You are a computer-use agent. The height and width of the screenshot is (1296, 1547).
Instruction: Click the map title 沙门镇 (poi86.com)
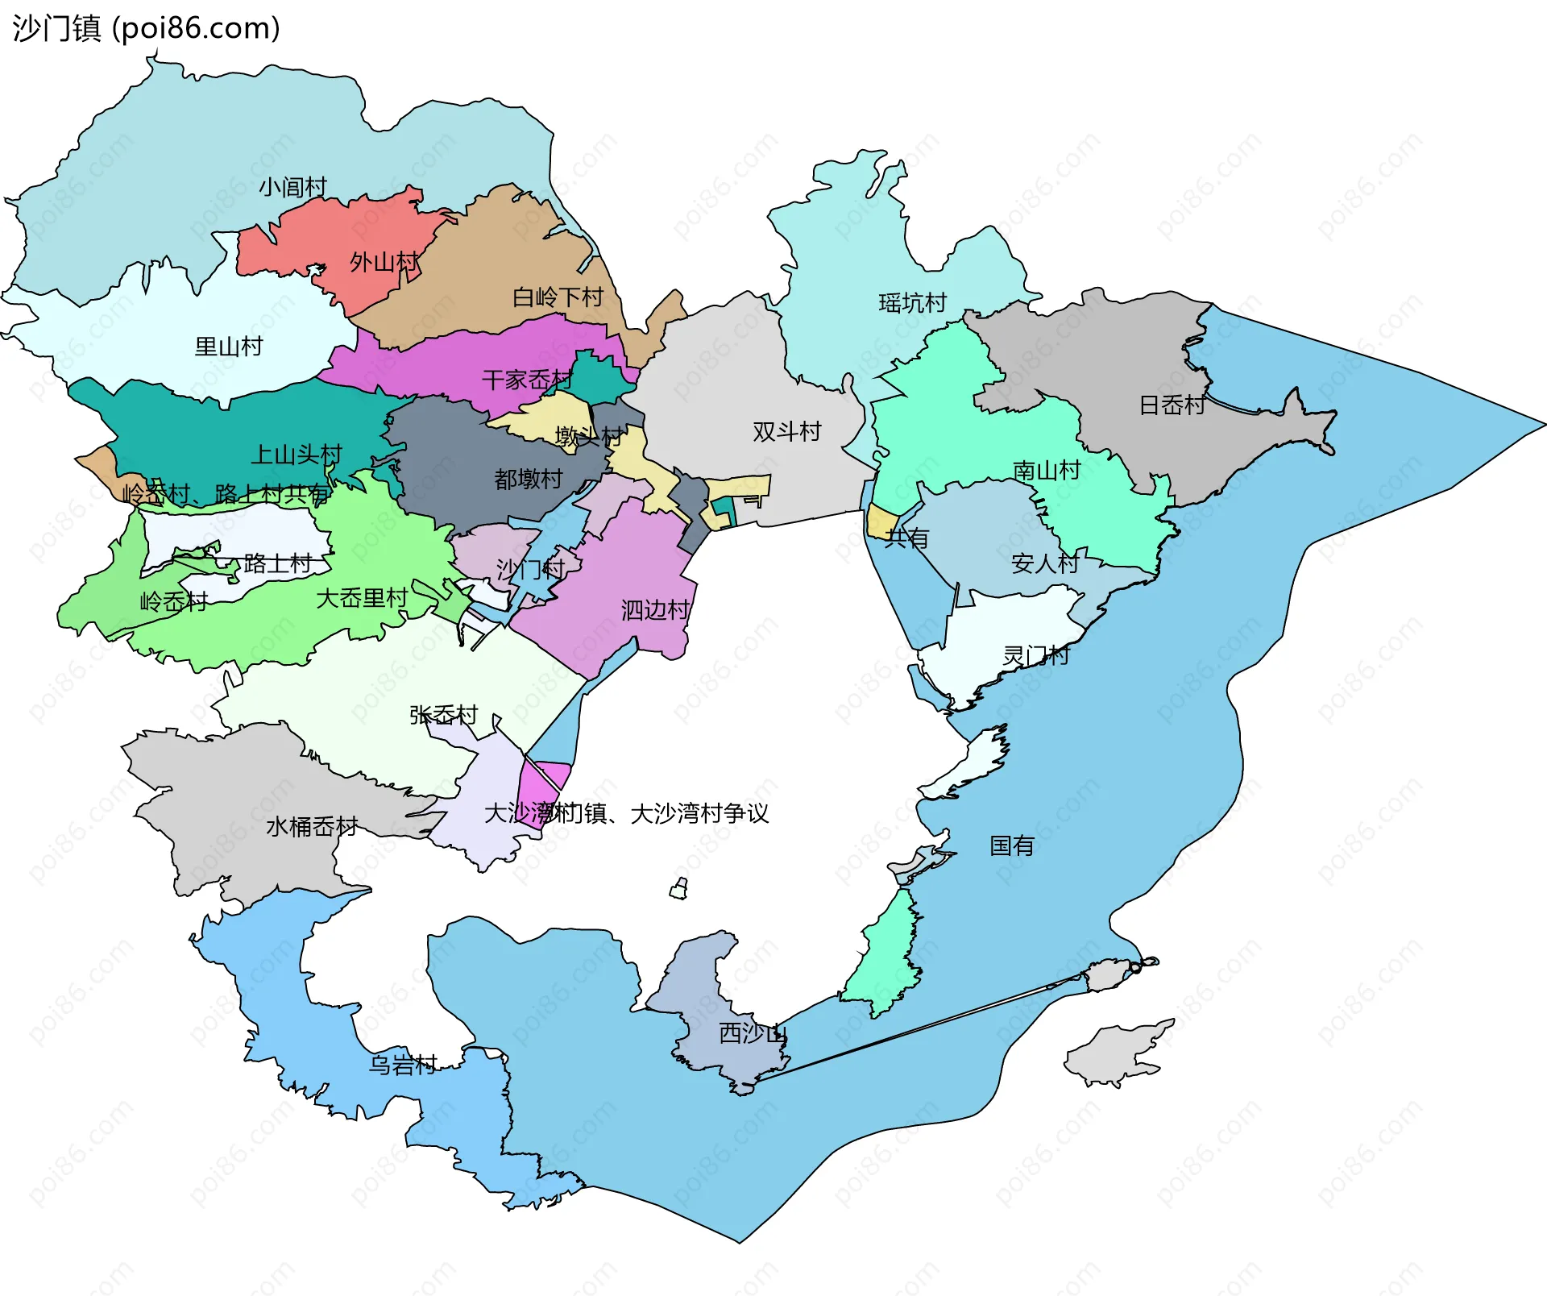pyautogui.click(x=146, y=28)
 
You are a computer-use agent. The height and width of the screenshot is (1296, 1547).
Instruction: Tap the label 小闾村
pyautogui.click(x=292, y=187)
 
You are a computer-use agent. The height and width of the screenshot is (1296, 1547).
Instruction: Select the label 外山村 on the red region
pyautogui.click(x=384, y=262)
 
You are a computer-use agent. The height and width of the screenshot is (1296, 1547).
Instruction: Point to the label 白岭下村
pyautogui.click(x=558, y=297)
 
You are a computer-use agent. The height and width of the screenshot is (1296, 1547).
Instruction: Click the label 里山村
pyautogui.click(x=229, y=347)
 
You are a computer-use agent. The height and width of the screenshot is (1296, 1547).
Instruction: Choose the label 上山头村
pyautogui.click(x=297, y=455)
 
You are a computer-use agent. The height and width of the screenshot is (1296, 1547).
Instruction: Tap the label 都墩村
pyautogui.click(x=528, y=479)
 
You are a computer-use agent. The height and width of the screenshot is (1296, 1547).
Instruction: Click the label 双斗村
pyautogui.click(x=786, y=432)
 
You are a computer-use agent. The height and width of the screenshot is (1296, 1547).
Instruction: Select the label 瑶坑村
pyautogui.click(x=912, y=303)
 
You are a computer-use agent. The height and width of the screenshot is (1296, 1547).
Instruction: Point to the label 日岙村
pyautogui.click(x=1172, y=405)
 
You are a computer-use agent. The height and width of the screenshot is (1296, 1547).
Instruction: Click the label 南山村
pyautogui.click(x=1046, y=470)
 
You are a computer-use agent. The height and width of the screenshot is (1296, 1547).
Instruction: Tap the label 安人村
pyautogui.click(x=1044, y=563)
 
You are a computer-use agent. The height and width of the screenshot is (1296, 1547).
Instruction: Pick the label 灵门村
pyautogui.click(x=1035, y=655)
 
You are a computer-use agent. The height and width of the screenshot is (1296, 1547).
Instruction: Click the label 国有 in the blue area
pyautogui.click(x=1011, y=845)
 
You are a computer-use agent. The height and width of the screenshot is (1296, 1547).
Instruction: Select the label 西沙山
pyautogui.click(x=751, y=1032)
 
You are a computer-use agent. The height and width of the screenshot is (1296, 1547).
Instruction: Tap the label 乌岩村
pyautogui.click(x=402, y=1065)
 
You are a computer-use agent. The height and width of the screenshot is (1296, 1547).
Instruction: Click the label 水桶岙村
pyautogui.click(x=312, y=826)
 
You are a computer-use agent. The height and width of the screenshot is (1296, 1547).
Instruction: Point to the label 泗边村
pyautogui.click(x=655, y=610)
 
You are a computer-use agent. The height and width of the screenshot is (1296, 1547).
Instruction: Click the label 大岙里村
pyautogui.click(x=362, y=598)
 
